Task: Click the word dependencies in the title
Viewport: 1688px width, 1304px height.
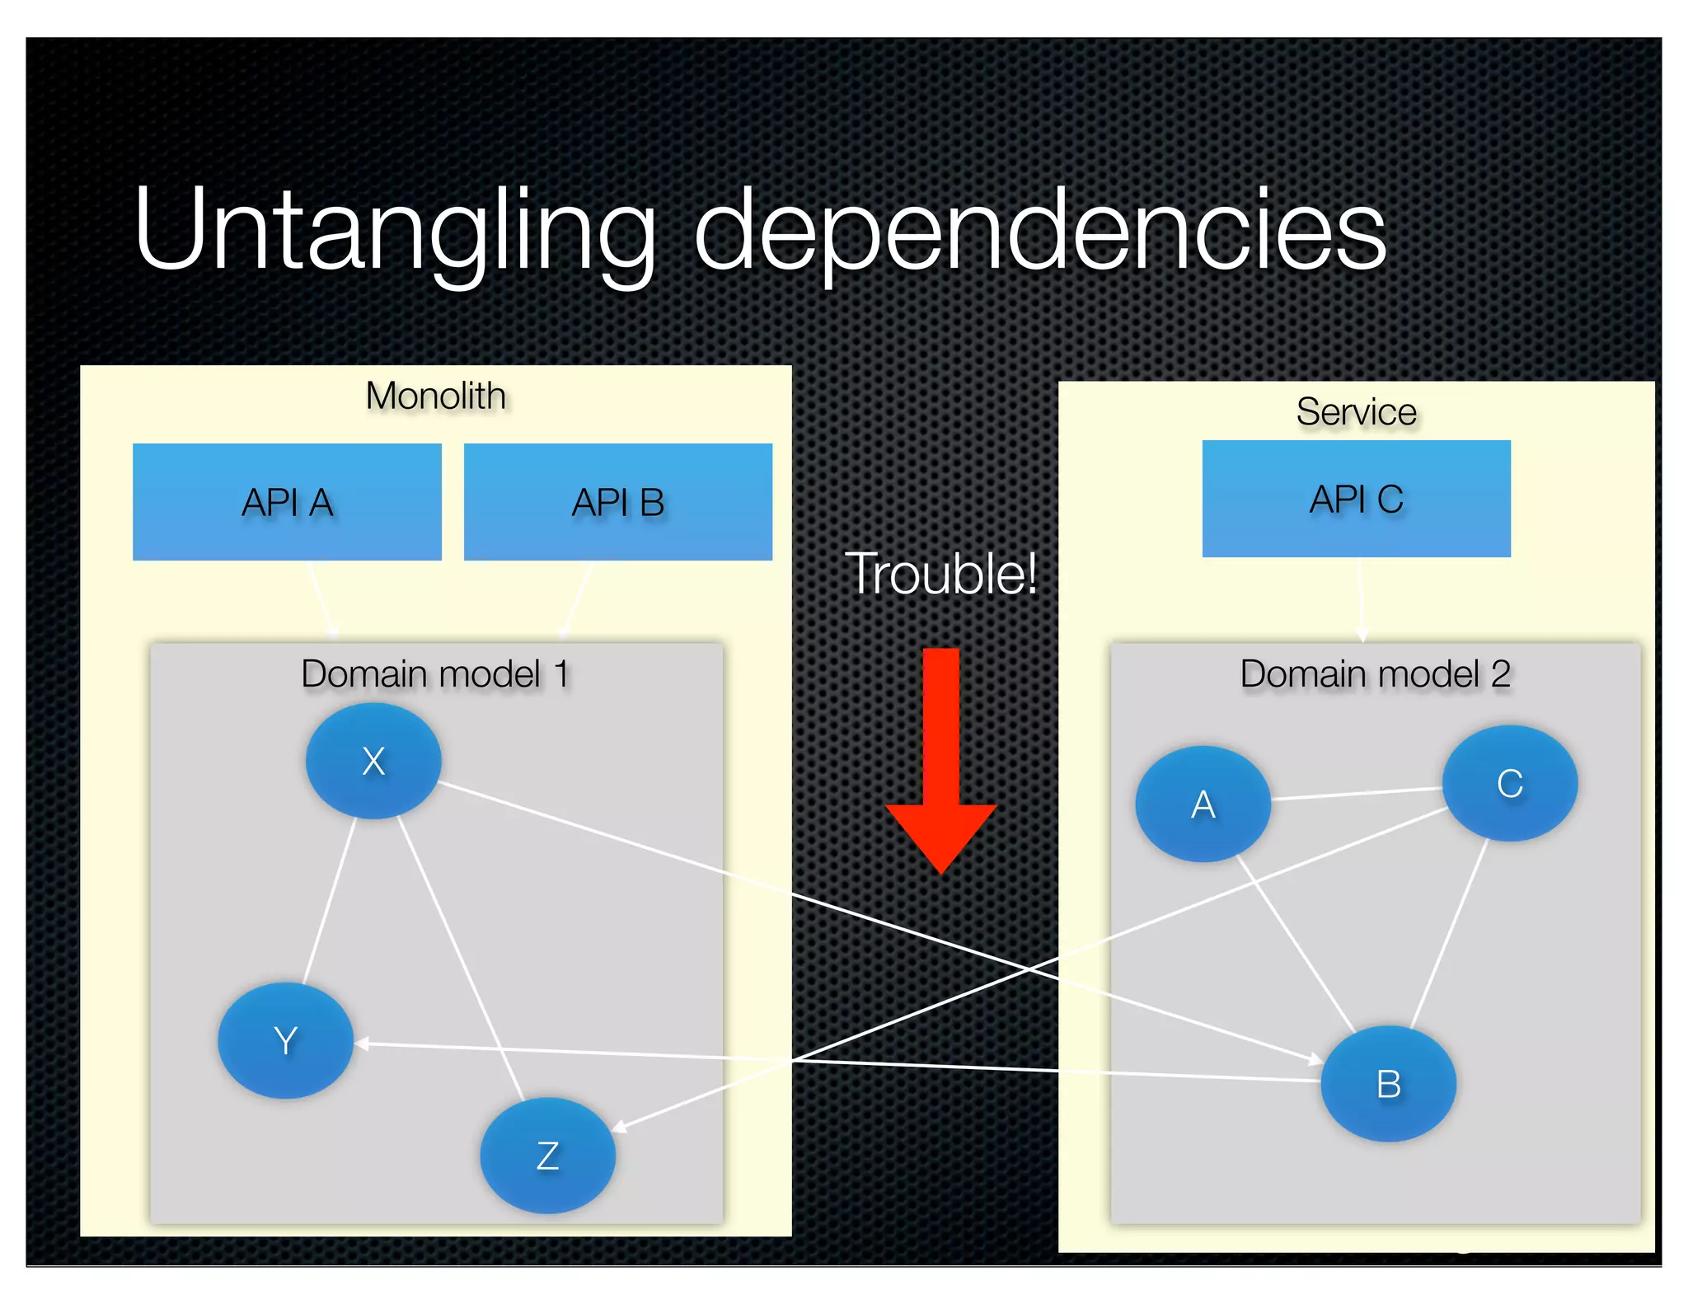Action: point(1040,231)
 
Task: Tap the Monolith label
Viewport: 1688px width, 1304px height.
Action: point(435,396)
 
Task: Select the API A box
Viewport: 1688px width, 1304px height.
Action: point(287,502)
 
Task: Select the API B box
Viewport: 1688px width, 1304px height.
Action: point(618,502)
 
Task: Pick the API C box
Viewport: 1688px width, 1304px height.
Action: point(1356,499)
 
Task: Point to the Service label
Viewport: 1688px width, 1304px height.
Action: point(1356,411)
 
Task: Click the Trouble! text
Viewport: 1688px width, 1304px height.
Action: point(940,574)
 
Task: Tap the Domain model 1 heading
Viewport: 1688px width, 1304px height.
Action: point(435,674)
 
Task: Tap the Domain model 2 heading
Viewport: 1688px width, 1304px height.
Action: point(1375,674)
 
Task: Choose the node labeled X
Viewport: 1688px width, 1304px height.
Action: point(373,760)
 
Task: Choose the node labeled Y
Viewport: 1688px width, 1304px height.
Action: point(285,1040)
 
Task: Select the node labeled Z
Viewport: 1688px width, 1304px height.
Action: point(547,1155)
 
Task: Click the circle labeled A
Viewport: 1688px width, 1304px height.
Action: point(1203,804)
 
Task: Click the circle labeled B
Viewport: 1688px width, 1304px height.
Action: point(1388,1083)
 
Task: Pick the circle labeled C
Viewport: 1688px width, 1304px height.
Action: point(1509,783)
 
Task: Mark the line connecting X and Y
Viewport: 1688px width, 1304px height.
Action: point(330,898)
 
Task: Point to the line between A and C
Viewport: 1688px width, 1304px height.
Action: point(1356,793)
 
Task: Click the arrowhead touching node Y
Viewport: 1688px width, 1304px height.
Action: point(363,1044)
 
